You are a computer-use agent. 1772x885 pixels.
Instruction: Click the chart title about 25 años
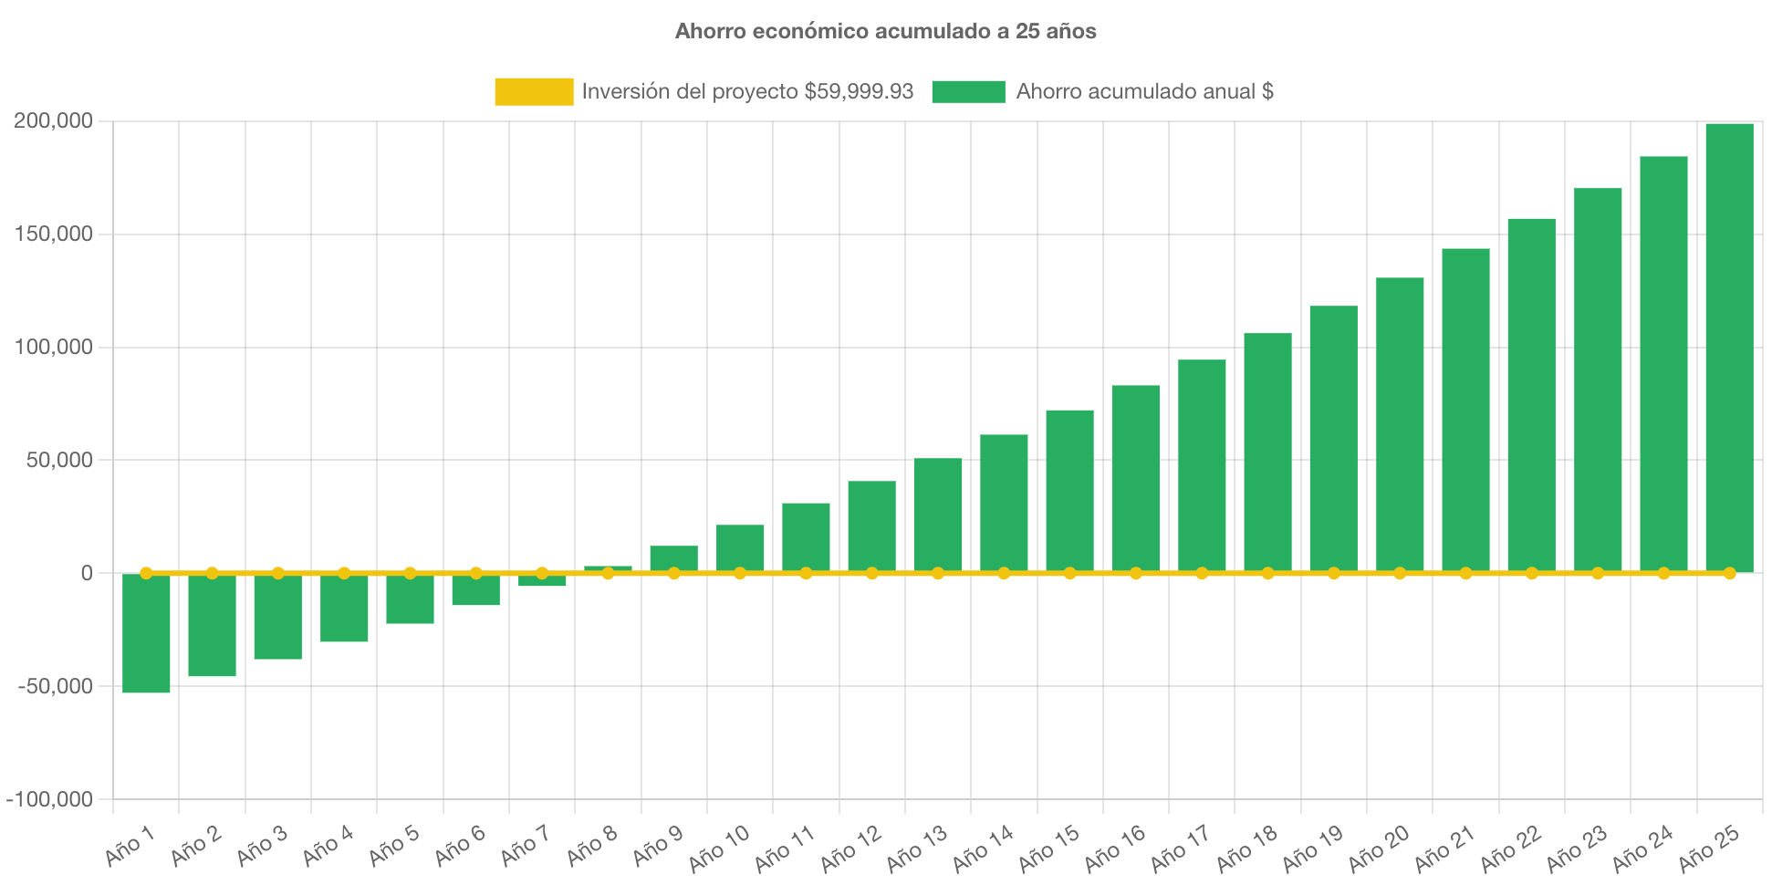click(885, 31)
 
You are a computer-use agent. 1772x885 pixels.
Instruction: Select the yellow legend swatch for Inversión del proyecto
click(534, 91)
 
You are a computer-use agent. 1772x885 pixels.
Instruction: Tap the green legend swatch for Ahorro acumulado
click(968, 91)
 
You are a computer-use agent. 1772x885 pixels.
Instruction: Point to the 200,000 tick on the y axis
click(53, 120)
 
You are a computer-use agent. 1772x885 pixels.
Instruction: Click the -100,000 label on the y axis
click(49, 799)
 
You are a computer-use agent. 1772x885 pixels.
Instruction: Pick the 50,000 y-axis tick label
click(58, 460)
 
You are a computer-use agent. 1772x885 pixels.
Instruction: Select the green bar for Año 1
click(146, 633)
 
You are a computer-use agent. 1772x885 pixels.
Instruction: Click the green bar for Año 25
click(1729, 347)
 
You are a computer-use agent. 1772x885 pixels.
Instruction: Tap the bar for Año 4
click(344, 608)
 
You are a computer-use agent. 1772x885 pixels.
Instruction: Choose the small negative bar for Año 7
click(542, 581)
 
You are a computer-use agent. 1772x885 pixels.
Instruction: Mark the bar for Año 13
click(938, 515)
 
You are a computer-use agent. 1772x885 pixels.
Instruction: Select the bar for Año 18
click(1267, 453)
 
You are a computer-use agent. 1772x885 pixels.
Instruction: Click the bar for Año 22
click(1531, 395)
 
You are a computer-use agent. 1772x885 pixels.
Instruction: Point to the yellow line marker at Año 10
click(740, 573)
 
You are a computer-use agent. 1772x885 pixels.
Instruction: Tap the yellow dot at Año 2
click(212, 573)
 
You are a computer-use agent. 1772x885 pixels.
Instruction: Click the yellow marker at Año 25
click(1729, 573)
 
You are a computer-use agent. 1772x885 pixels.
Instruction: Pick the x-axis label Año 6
click(460, 845)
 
